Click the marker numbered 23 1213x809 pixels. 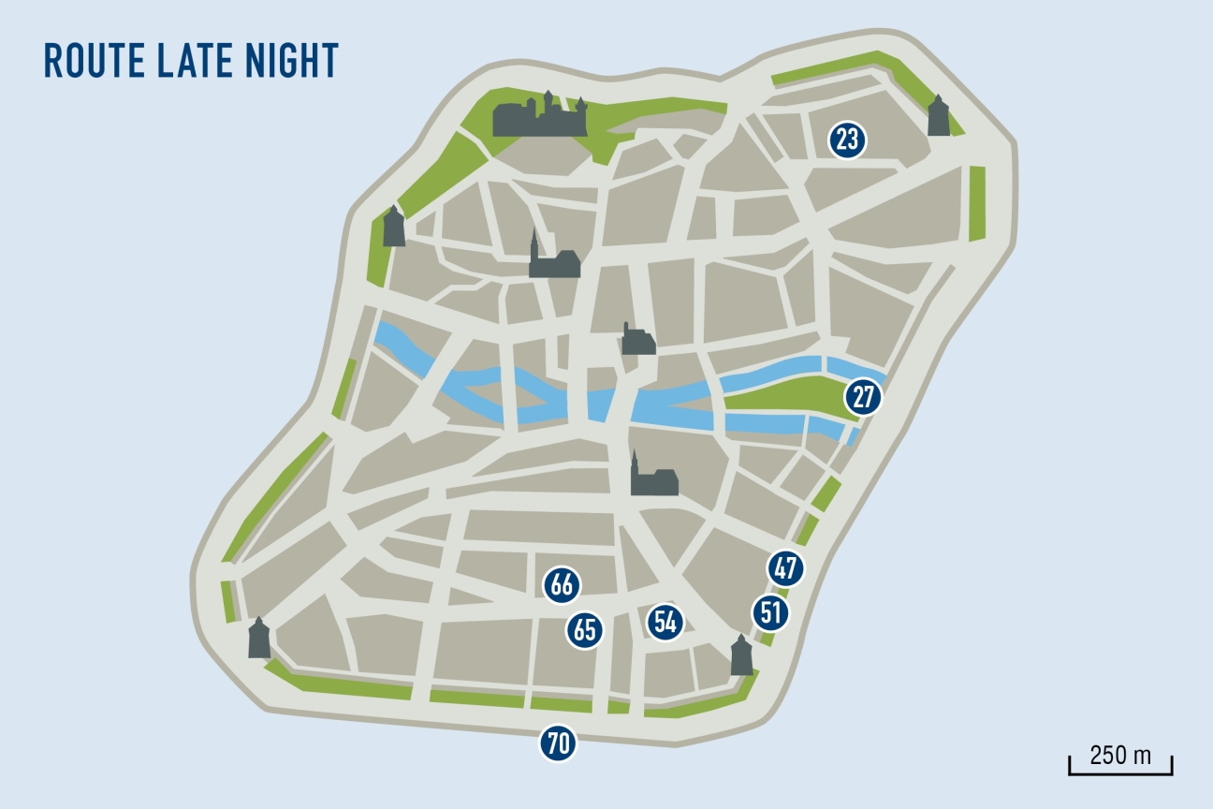pos(847,141)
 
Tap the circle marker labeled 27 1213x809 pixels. pos(863,397)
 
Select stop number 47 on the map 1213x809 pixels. pos(785,568)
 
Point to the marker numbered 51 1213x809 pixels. pos(770,614)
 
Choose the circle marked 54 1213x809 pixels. pos(665,622)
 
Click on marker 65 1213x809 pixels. pos(585,630)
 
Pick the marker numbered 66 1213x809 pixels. pos(562,586)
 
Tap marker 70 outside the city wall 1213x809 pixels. pos(558,744)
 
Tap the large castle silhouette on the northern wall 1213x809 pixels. pos(541,117)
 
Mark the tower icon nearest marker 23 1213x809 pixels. pos(938,117)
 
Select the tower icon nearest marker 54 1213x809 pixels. pos(741,655)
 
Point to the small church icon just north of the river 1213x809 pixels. pos(638,340)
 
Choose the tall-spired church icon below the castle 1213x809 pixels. pos(551,258)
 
